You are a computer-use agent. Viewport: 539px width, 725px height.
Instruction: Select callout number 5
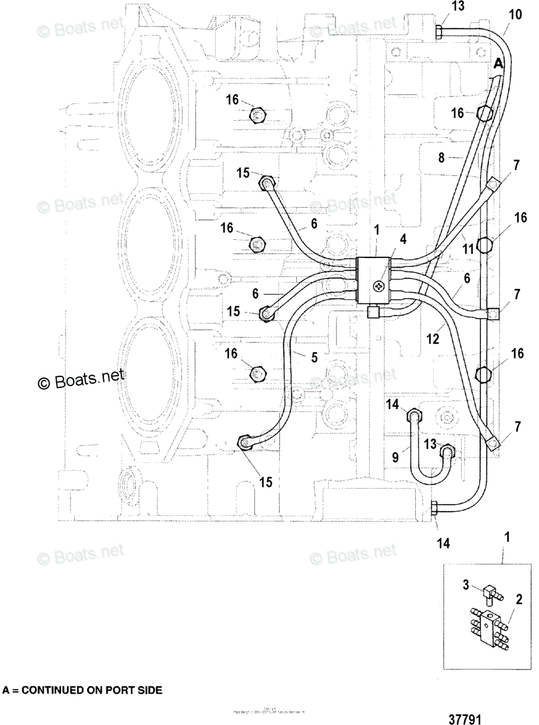(314, 357)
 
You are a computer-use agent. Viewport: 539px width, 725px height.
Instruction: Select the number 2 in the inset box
(518, 600)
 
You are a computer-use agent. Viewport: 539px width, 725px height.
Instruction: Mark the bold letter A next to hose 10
(498, 63)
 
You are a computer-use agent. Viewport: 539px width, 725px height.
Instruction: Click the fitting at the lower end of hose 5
(245, 444)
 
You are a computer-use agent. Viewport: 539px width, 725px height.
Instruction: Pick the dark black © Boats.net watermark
(81, 379)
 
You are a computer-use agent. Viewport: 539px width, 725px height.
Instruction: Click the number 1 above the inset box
(507, 536)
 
